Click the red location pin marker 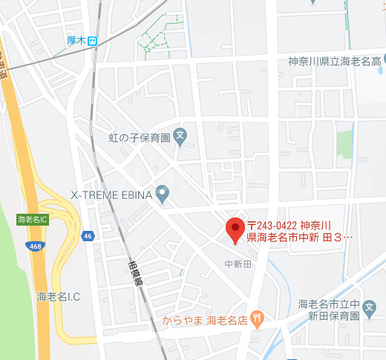(235, 229)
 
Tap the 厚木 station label (76, 42)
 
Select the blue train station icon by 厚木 (91, 42)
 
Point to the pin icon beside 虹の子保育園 (181, 136)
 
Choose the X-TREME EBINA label (111, 194)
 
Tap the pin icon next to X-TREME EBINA (163, 194)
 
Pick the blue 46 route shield (88, 236)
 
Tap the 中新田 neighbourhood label (238, 264)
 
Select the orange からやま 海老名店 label (205, 321)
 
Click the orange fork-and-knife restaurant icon (257, 320)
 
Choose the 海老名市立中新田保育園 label (329, 310)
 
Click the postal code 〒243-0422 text (272, 224)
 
